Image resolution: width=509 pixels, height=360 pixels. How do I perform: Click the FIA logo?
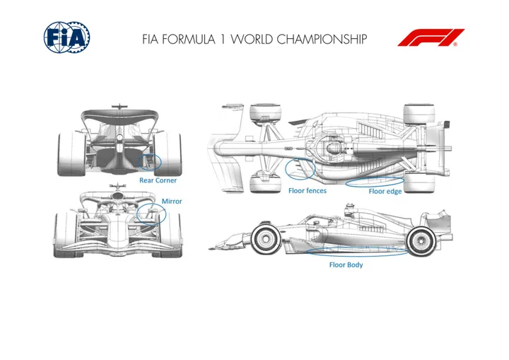pyautogui.click(x=66, y=37)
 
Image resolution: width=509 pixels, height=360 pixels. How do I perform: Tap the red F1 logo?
pyautogui.click(x=431, y=37)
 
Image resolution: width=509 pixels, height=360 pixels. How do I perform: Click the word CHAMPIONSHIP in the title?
pyautogui.click(x=322, y=39)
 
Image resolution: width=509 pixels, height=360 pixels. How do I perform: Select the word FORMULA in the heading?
pyautogui.click(x=188, y=39)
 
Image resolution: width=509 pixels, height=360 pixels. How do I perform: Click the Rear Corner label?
pyautogui.click(x=158, y=180)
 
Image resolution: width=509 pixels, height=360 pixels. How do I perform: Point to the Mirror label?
pyautogui.click(x=172, y=201)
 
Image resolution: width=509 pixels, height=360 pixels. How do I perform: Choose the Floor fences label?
pyautogui.click(x=308, y=191)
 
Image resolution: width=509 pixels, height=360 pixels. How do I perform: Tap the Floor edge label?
pyautogui.click(x=385, y=192)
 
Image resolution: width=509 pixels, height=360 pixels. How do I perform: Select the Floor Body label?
pyautogui.click(x=346, y=265)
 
